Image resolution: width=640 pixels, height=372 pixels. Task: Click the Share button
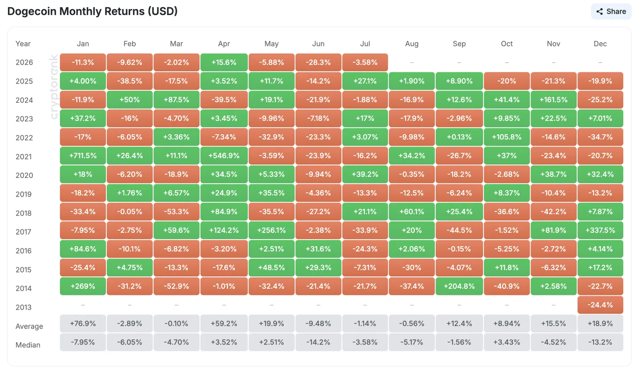(611, 12)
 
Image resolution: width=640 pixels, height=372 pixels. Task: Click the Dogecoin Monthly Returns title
(92, 12)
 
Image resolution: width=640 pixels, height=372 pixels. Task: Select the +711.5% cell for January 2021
(83, 155)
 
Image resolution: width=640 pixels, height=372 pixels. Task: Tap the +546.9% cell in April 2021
(224, 155)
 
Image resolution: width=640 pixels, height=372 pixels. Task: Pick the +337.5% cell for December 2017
(600, 230)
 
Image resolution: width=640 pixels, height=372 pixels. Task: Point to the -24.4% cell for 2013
(600, 305)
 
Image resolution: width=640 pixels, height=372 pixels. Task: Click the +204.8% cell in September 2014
(459, 286)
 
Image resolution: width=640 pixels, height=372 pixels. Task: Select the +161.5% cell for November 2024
(554, 100)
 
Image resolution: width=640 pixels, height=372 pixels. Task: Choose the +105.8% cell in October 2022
(507, 137)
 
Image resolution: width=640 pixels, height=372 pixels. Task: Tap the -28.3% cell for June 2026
(318, 62)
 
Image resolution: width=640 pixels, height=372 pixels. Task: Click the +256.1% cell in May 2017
(271, 230)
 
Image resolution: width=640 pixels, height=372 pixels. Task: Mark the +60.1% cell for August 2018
(412, 212)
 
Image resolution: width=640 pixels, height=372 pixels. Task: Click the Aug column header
(412, 44)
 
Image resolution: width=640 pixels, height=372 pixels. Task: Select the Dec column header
(600, 44)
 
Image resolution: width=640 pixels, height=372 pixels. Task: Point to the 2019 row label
(24, 194)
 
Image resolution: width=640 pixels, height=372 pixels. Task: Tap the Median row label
(28, 345)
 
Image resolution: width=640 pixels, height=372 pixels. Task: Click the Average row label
(29, 326)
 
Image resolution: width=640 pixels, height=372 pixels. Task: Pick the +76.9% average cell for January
(83, 323)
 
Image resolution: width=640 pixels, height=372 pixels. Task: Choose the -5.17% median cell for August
(412, 342)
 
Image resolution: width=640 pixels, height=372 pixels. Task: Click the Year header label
(23, 44)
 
